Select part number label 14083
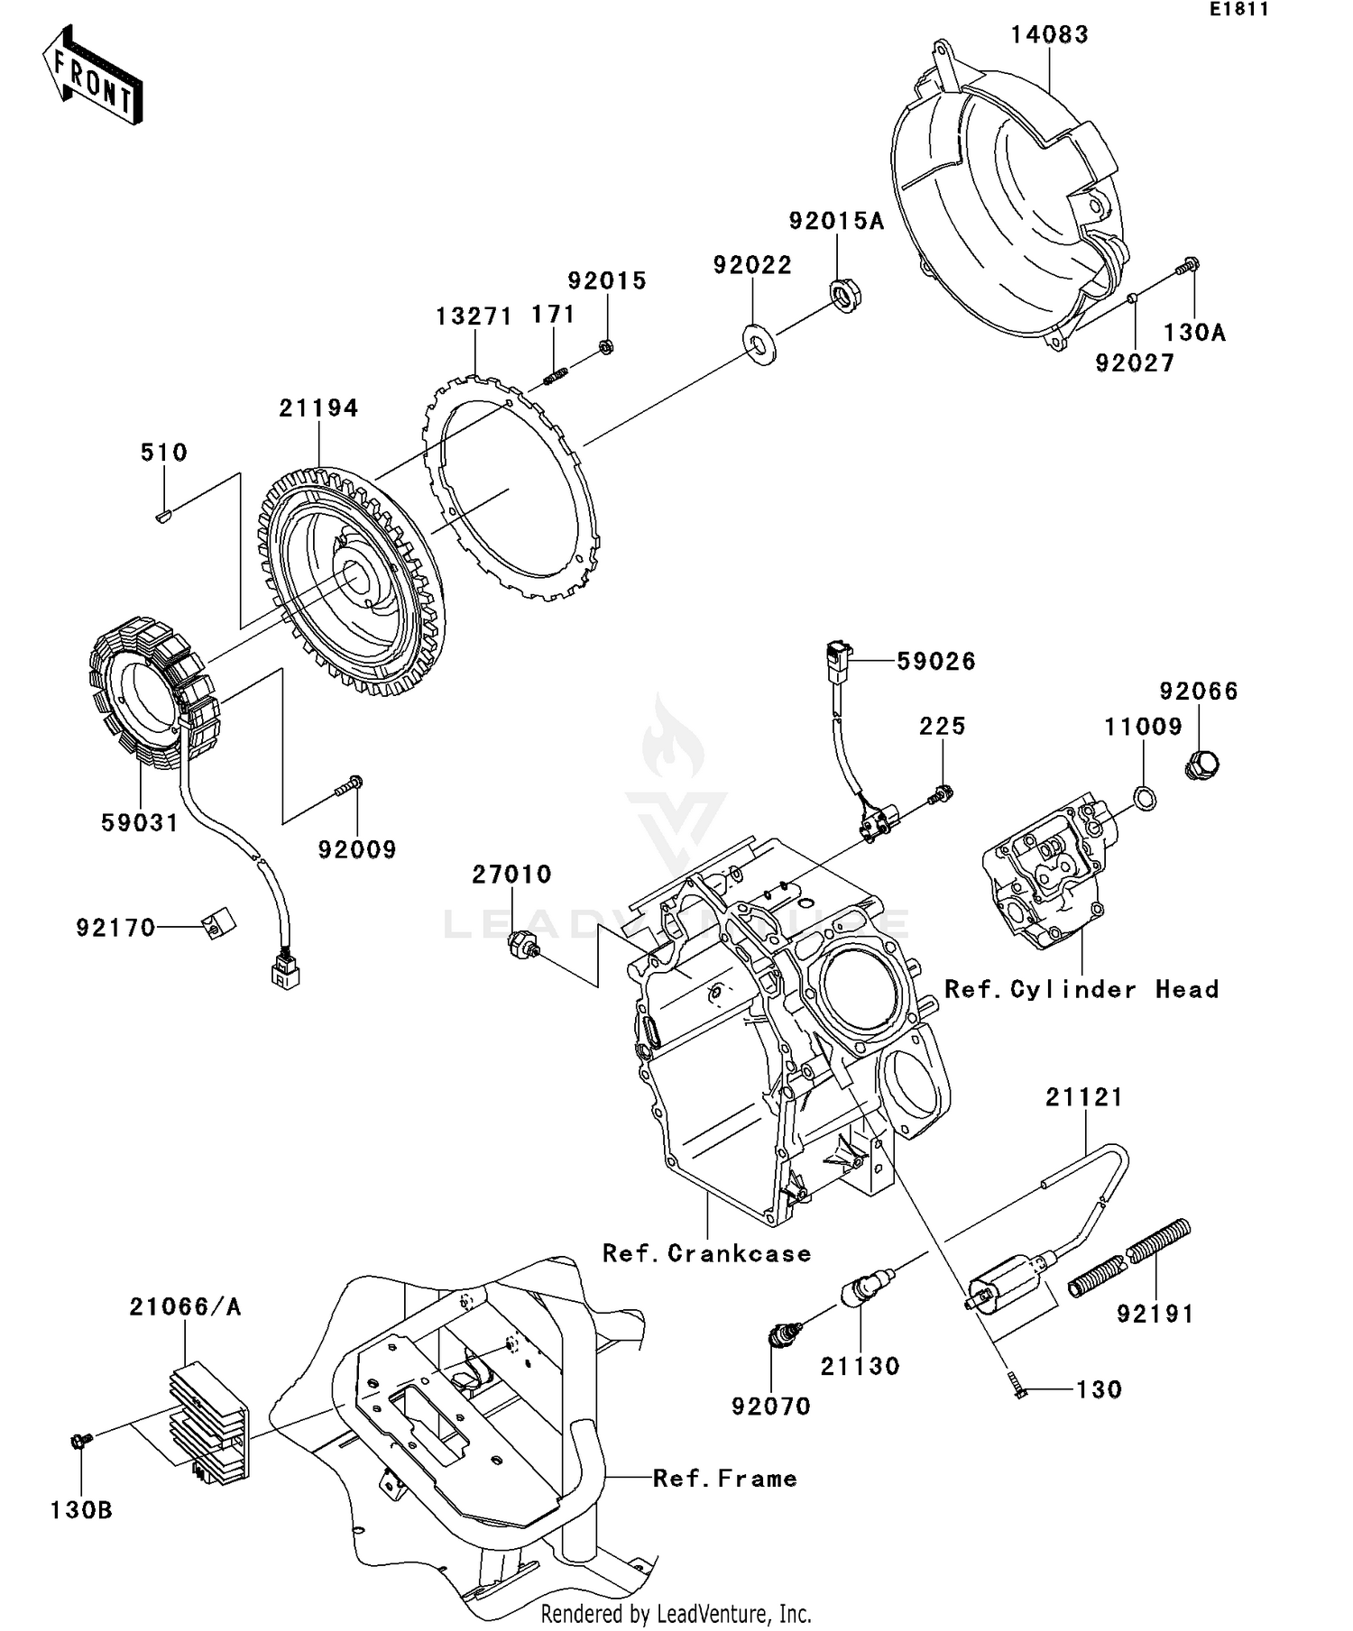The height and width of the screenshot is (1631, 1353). (1049, 35)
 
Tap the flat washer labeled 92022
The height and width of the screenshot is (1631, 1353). (759, 343)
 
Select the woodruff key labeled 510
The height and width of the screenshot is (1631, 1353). (163, 517)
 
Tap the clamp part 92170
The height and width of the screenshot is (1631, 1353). (217, 922)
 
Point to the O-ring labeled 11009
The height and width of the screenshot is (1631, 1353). (1144, 798)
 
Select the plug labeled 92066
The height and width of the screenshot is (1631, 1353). (1201, 766)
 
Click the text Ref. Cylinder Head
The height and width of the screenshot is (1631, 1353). (1081, 990)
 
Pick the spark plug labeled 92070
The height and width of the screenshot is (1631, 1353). (784, 1333)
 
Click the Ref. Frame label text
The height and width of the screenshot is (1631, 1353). (724, 1479)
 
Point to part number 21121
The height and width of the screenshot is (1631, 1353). (1083, 1097)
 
